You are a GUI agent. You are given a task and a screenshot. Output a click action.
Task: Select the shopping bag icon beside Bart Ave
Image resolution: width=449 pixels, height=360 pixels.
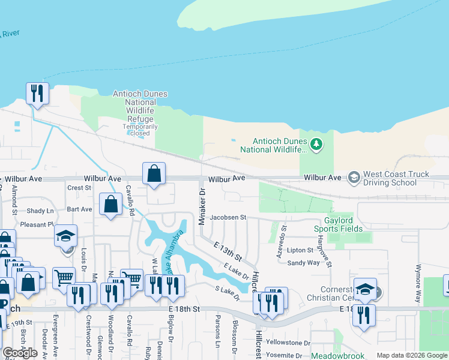tap(111, 204)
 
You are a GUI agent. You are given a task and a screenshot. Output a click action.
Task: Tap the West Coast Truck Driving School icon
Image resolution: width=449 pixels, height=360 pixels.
tap(354, 178)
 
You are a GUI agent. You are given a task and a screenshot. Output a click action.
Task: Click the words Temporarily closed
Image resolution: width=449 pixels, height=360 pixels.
tap(140, 130)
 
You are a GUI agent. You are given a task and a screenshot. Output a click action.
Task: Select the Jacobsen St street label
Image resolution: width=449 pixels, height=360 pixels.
tap(228, 217)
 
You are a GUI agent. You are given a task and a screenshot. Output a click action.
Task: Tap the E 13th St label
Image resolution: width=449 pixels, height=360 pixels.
tap(229, 251)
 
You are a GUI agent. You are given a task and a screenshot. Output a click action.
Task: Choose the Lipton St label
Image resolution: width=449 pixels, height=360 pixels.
tap(300, 250)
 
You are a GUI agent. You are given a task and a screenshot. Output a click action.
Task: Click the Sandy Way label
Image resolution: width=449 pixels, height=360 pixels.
tap(303, 263)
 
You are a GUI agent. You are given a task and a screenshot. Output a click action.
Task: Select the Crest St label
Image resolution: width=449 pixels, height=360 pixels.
tap(79, 188)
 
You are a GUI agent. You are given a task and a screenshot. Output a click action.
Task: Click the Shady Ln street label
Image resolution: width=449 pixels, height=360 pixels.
tap(40, 211)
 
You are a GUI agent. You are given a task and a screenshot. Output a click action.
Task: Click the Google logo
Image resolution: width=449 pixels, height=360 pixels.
tap(20, 353)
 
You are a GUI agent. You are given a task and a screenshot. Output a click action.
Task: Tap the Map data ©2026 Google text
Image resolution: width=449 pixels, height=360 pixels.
tap(411, 355)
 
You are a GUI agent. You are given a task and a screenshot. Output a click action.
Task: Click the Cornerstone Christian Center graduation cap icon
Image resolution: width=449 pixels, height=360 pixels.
tap(364, 289)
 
